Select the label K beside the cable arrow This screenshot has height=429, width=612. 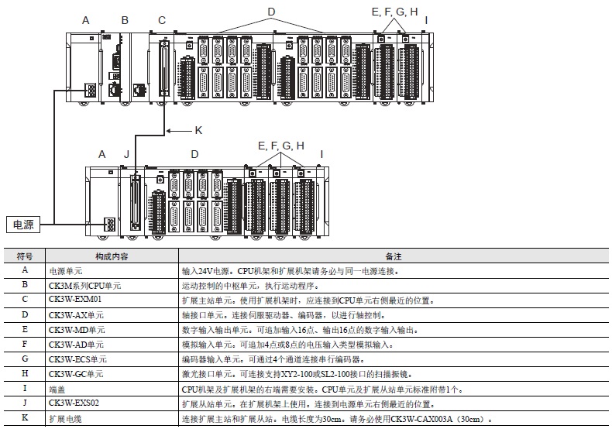click(198, 129)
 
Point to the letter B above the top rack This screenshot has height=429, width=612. click(125, 20)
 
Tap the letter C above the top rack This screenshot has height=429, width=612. click(161, 20)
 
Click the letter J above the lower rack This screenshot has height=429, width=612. click(126, 154)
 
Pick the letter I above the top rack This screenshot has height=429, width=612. click(426, 20)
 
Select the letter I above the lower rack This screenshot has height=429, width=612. click(321, 154)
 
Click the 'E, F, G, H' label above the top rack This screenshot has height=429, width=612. click(394, 11)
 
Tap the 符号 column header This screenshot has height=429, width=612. click(24, 256)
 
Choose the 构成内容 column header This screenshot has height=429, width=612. click(112, 256)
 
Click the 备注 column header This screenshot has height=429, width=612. click(394, 256)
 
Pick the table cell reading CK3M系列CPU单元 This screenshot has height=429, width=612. click(86, 285)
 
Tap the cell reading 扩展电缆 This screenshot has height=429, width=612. click(65, 418)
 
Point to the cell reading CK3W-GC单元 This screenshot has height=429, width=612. click(76, 373)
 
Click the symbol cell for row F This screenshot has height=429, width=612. click(24, 344)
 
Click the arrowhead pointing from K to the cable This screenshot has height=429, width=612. click(170, 129)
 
